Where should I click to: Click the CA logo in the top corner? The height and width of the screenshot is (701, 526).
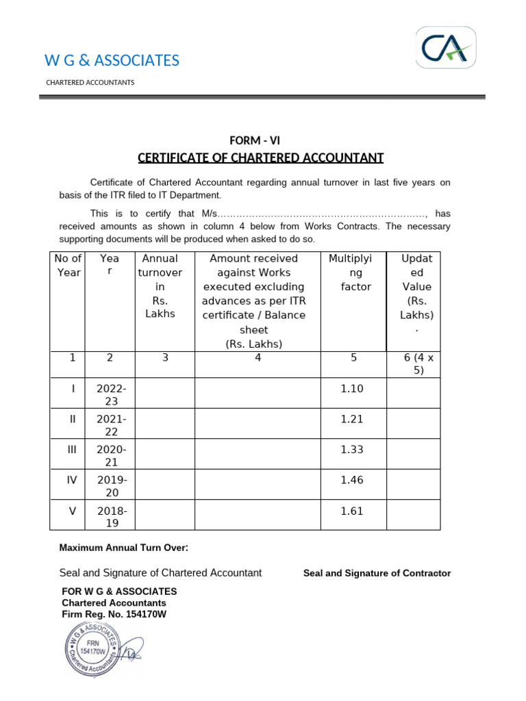pos(446,47)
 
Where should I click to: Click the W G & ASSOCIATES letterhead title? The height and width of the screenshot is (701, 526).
pos(112,60)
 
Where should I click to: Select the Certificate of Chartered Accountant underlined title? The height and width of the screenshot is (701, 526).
pos(260,158)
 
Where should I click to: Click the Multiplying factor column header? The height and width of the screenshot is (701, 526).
pos(351,272)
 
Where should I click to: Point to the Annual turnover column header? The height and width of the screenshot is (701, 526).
pos(160,286)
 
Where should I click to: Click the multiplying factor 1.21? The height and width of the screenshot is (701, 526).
pos(351,419)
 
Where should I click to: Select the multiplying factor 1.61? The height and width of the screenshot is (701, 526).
pos(351,511)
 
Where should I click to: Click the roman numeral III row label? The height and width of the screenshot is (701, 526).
pos(72,449)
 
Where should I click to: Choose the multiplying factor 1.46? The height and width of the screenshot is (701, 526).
pos(351,480)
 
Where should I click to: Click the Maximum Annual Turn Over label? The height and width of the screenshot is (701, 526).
pos(123,548)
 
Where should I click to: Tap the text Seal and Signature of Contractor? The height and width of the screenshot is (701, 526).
pos(377,573)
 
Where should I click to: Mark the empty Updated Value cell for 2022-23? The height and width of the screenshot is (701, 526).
pos(413,395)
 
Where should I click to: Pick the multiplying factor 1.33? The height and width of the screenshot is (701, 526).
pos(351,449)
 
